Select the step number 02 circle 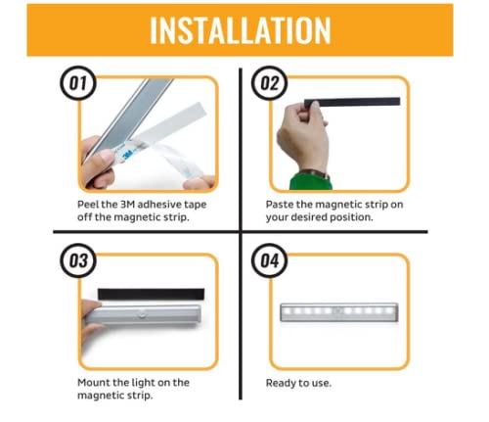269,82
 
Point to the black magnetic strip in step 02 352,102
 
